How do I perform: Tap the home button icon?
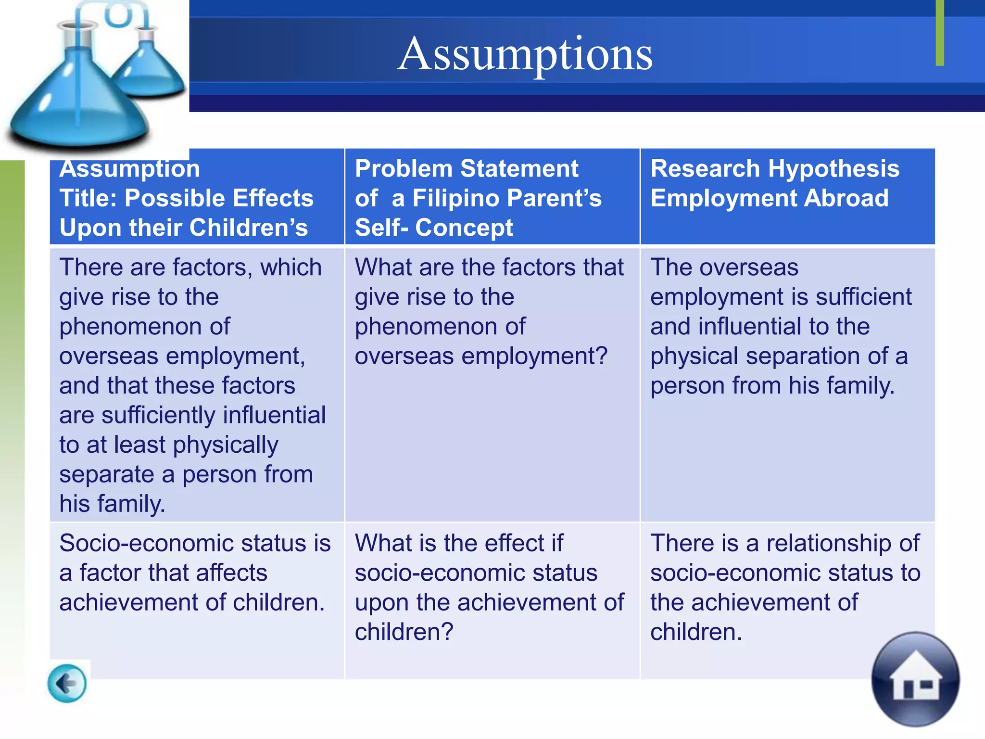click(915, 679)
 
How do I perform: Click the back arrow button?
click(67, 683)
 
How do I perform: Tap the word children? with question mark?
click(404, 632)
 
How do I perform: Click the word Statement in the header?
click(519, 169)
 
